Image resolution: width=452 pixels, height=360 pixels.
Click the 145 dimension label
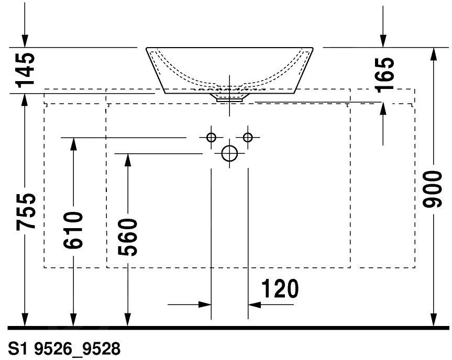(25, 70)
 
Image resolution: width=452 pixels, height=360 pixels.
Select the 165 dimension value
(384, 75)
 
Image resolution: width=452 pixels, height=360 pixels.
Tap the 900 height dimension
(432, 189)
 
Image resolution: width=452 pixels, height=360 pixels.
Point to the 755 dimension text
(26, 212)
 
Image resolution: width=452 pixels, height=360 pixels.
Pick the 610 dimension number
(73, 230)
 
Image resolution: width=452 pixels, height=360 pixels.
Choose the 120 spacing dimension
(280, 289)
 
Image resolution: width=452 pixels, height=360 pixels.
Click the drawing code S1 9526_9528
(64, 349)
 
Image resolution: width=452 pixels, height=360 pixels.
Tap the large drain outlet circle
(229, 153)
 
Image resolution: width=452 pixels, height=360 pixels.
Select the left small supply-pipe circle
(211, 138)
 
